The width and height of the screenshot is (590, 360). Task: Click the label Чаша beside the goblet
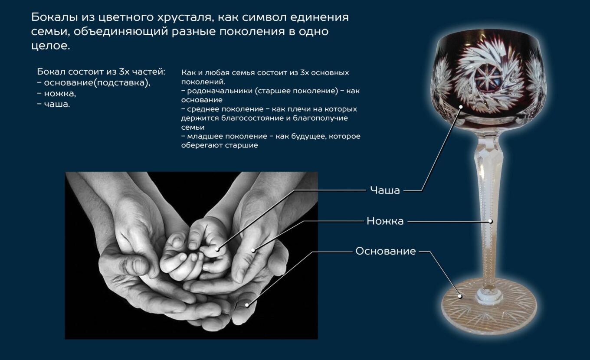tap(385, 190)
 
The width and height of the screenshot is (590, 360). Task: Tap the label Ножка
tap(385, 221)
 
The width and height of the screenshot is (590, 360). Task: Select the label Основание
tap(386, 251)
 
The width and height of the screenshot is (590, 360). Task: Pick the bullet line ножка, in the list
tap(57, 94)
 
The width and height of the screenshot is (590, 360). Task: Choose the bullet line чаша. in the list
tap(53, 104)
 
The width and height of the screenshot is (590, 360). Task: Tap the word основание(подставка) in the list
tap(97, 83)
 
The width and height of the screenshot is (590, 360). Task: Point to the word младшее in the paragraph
tap(205, 136)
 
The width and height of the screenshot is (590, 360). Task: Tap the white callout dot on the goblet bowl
tap(461, 107)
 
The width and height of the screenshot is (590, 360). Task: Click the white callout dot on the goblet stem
tap(490, 221)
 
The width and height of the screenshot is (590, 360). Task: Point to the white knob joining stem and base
tap(489, 294)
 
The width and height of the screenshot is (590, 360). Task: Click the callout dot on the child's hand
tap(218, 249)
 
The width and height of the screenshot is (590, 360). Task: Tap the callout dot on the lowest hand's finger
tap(247, 305)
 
